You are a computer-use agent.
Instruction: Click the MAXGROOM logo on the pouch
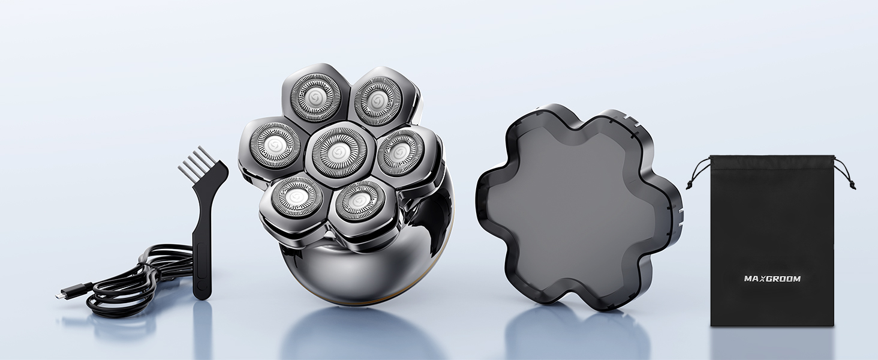[x=772, y=279]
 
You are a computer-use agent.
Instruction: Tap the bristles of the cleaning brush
[x=194, y=161]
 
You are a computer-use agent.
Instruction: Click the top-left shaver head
[x=314, y=95]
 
